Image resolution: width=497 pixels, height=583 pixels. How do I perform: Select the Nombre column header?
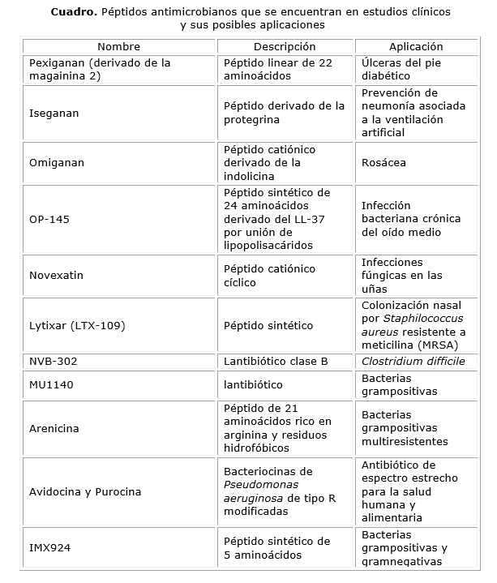point(118,47)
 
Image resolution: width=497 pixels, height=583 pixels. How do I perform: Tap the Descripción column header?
point(285,47)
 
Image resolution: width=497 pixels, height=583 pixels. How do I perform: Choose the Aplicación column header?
point(416,47)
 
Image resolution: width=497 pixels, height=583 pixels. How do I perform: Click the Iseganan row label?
point(54,114)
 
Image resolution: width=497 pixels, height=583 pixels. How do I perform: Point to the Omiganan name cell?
point(57,163)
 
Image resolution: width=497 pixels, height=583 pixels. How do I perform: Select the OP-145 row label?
point(49,219)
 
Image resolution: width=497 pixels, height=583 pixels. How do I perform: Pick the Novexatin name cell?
point(57,276)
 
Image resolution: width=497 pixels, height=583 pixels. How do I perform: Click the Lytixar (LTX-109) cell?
point(77,326)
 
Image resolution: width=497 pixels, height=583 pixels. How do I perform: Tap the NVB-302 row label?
point(54,362)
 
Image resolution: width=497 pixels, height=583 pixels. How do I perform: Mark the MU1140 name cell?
point(51,385)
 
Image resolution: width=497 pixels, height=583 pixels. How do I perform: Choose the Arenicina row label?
point(54,428)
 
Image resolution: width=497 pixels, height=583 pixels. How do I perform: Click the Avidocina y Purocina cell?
point(85,492)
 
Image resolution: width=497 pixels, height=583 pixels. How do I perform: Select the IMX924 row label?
point(49,548)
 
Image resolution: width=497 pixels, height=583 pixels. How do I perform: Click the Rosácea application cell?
point(384,163)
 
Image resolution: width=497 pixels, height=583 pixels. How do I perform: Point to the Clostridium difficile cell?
point(413,362)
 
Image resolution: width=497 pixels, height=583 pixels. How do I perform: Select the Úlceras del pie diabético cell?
point(401,68)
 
